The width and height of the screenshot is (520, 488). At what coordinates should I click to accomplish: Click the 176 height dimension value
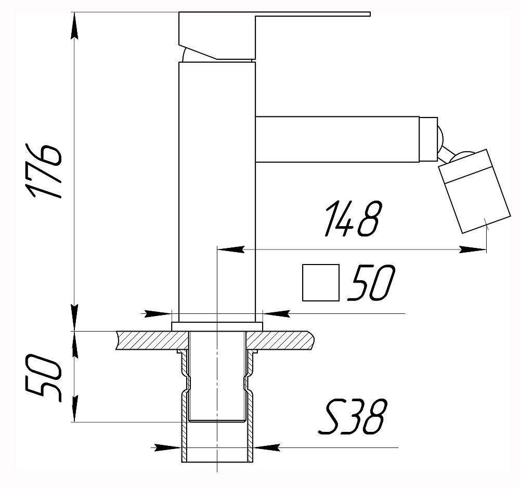tap(46, 171)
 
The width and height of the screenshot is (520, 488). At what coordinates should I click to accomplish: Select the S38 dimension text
tap(352, 417)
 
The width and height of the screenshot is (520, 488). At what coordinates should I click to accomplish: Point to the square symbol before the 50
tap(321, 283)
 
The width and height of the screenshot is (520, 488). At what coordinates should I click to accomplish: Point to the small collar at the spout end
tap(428, 139)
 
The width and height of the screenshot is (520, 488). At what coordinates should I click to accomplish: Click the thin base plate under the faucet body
tap(217, 326)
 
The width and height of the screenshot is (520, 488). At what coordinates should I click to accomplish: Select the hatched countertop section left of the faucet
tap(151, 340)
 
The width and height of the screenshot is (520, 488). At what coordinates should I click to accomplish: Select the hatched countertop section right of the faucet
tap(283, 340)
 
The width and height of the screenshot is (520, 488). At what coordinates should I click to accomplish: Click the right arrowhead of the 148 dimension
tap(473, 250)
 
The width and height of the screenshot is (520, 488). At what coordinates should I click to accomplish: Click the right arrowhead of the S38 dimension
tap(266, 447)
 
